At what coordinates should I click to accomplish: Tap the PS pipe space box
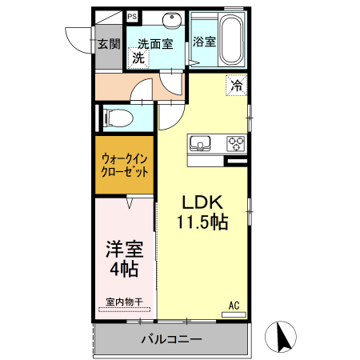click(x=132, y=16)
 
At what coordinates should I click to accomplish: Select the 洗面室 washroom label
click(x=154, y=43)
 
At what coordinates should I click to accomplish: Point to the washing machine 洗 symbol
click(x=138, y=58)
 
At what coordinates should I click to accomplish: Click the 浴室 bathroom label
click(x=204, y=42)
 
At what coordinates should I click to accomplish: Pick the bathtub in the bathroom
click(x=233, y=40)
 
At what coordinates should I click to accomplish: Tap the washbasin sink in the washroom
click(x=171, y=21)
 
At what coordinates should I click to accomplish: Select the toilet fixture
click(x=114, y=118)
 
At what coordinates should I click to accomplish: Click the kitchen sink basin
click(x=198, y=144)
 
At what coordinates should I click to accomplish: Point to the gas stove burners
click(x=236, y=144)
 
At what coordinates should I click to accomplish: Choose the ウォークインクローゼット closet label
click(x=124, y=165)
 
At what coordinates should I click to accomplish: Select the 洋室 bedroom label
click(x=124, y=248)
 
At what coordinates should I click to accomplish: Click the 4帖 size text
click(x=124, y=269)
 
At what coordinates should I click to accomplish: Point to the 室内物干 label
click(x=124, y=302)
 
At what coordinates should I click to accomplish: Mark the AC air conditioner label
click(x=234, y=305)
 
